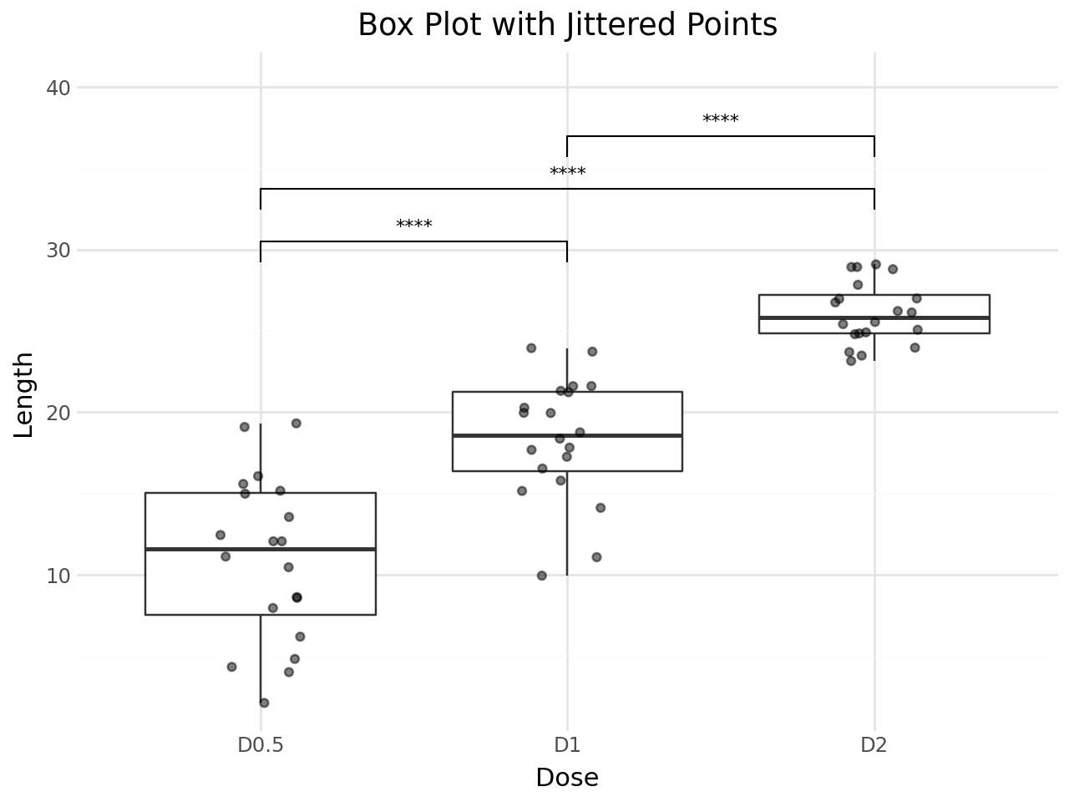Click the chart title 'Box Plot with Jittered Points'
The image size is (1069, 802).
(567, 25)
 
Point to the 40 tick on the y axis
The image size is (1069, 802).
(57, 88)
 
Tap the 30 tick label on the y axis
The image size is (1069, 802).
(57, 251)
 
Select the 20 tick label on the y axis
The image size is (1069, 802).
(57, 413)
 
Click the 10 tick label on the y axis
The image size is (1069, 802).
(57, 576)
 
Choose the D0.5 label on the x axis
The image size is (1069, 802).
(261, 745)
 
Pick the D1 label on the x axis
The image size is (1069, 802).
(567, 745)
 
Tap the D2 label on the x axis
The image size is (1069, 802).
(874, 745)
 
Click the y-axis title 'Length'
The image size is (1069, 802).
(25, 394)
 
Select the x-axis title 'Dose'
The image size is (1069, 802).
(567, 779)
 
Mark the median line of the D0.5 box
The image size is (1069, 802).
(261, 549)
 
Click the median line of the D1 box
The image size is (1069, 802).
(567, 435)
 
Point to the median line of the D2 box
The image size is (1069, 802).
(874, 317)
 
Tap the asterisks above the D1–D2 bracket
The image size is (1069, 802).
(720, 120)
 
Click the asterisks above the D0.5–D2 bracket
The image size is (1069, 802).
(567, 174)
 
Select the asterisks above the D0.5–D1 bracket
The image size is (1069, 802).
(413, 226)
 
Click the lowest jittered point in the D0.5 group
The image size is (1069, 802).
(264, 703)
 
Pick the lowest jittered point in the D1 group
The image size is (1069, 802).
(541, 576)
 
